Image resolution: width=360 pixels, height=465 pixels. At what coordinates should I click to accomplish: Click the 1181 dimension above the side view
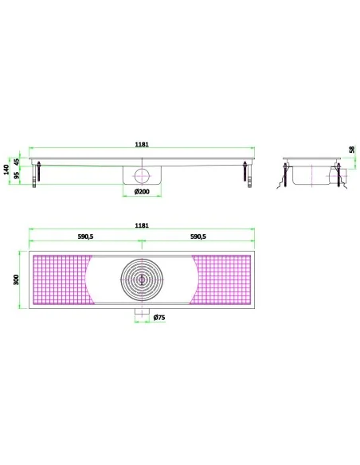click(x=142, y=144)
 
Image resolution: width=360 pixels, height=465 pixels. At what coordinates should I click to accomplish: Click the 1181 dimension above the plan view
click(x=142, y=225)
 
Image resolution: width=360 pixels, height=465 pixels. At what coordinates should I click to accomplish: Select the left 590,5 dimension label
click(x=85, y=236)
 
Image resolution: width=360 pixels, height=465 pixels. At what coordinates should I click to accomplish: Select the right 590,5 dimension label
click(x=198, y=236)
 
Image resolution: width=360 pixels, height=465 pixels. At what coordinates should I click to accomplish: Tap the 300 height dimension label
click(x=16, y=279)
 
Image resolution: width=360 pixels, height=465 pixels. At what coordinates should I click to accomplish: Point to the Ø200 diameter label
click(x=142, y=192)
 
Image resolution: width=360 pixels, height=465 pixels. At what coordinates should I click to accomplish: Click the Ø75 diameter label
click(x=159, y=318)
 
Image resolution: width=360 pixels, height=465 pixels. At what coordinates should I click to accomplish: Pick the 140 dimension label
click(x=7, y=170)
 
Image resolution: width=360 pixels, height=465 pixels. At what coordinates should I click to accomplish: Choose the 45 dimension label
click(x=17, y=162)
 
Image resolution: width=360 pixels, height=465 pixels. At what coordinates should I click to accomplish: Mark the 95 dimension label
click(x=17, y=175)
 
